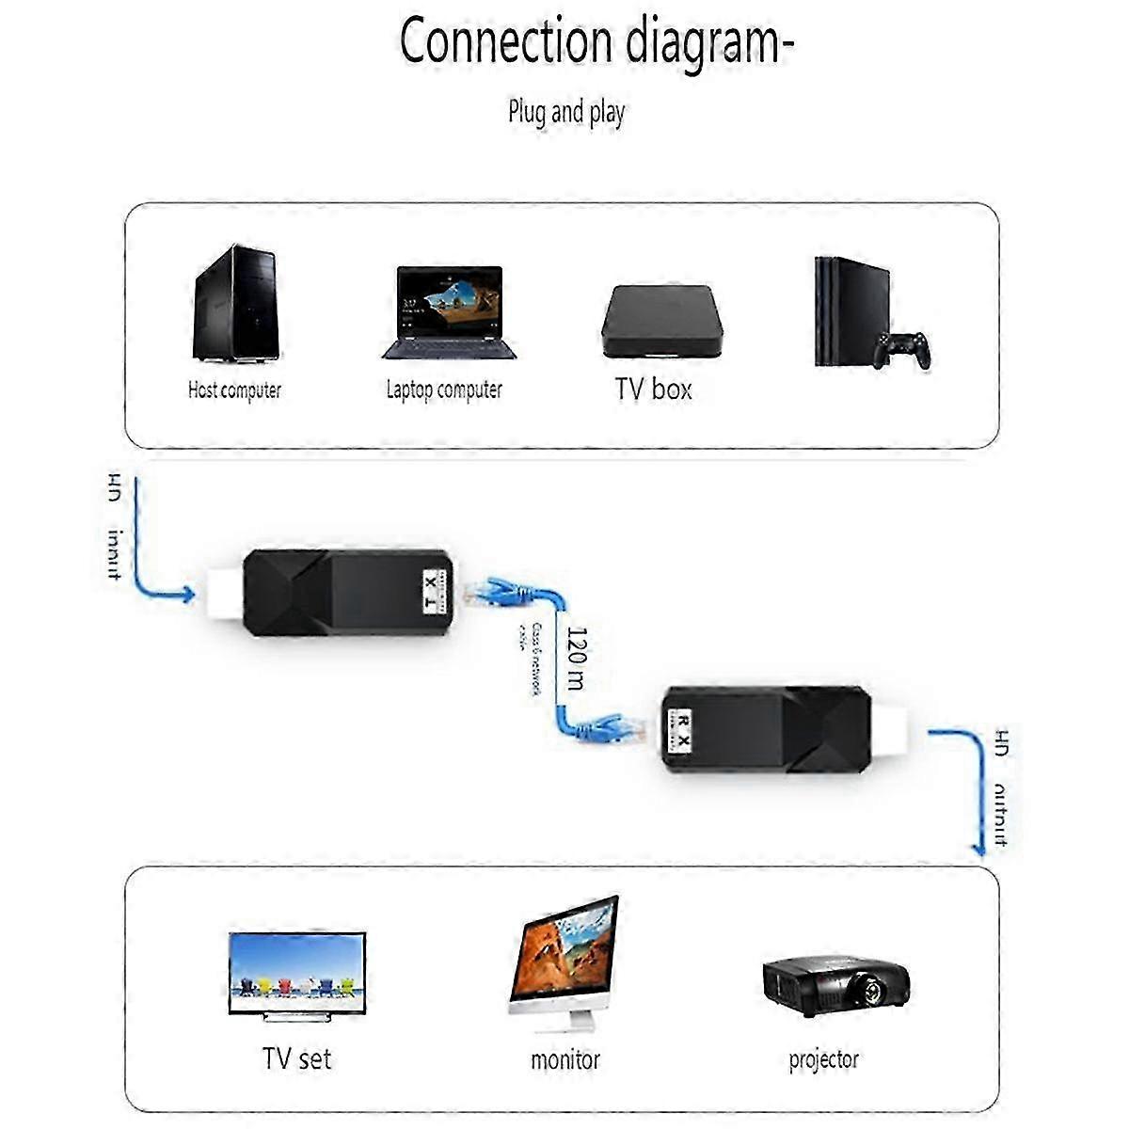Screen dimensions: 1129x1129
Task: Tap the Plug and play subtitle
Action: click(566, 113)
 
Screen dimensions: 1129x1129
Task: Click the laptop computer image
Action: click(450, 310)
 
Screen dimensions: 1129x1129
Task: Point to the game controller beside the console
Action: click(901, 349)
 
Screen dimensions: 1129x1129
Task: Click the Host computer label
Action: click(234, 390)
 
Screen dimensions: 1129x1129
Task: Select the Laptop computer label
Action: click(444, 390)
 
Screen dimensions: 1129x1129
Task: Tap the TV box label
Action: click(653, 389)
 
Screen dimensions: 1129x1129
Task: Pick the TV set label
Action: click(296, 1058)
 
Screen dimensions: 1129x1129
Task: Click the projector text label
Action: click(823, 1059)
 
